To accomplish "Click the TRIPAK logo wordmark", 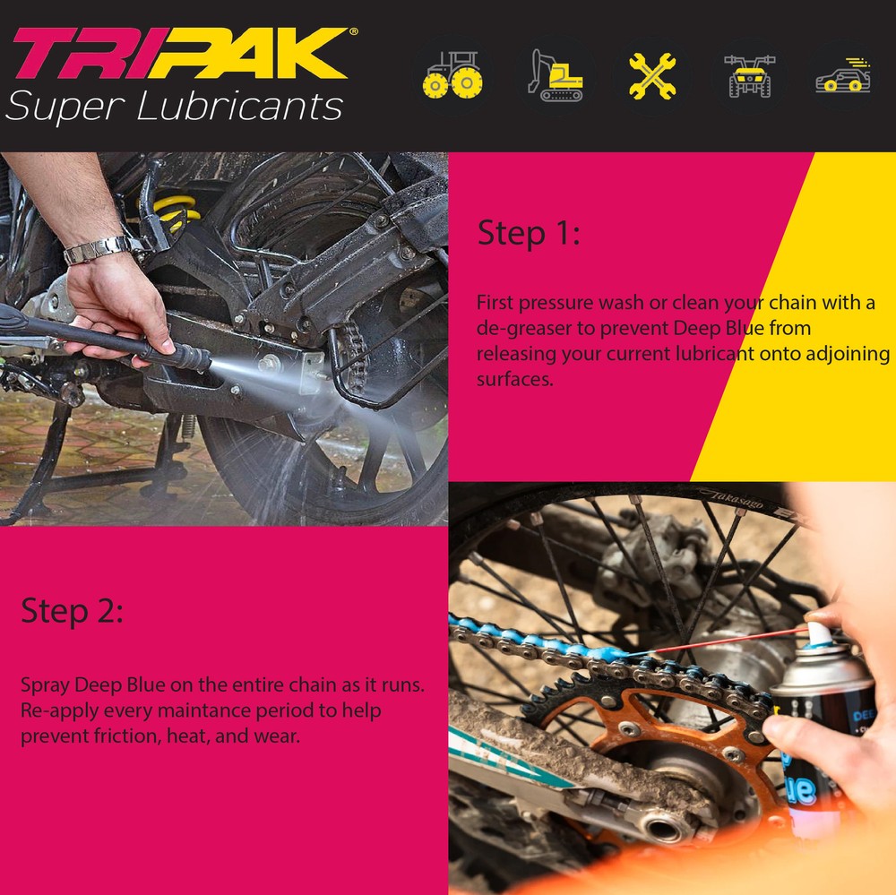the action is (181, 53).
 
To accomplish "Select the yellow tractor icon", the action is (452, 75).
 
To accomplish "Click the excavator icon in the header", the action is (555, 75).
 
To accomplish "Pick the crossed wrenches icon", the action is (652, 76).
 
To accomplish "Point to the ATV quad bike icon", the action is (749, 76).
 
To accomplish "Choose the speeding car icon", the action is (843, 75).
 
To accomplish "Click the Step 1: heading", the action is (529, 233).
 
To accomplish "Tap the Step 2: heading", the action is (72, 611).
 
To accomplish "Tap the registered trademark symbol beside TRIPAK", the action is (354, 31).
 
